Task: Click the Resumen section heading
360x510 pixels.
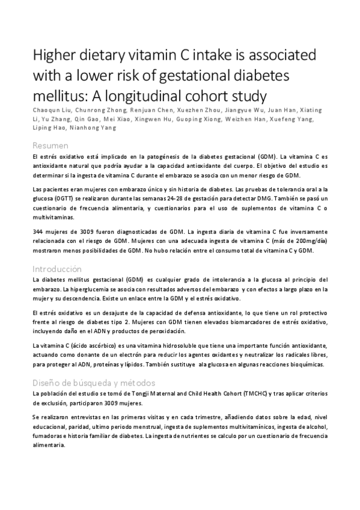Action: (x=50, y=146)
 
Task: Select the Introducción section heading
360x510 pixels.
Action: (x=57, y=269)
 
